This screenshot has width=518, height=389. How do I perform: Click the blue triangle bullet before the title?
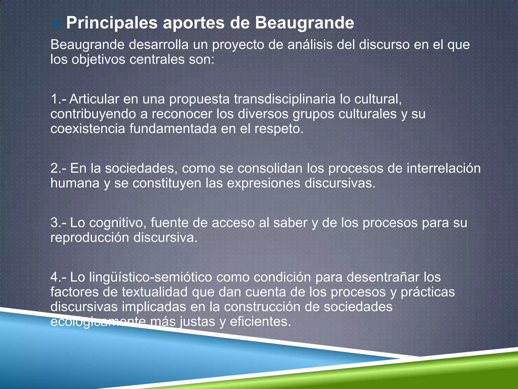(x=57, y=24)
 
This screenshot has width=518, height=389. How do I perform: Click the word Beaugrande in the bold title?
(x=304, y=23)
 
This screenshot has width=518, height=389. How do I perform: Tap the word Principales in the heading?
(x=112, y=23)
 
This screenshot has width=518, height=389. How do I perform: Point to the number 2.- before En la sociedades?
(x=59, y=168)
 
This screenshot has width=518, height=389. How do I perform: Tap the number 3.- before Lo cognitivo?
(x=59, y=223)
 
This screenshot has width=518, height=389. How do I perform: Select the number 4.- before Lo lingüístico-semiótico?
(x=59, y=277)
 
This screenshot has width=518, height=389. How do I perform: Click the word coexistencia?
(x=88, y=129)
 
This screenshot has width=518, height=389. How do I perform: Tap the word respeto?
(x=278, y=129)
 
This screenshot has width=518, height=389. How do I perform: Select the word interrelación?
(x=443, y=168)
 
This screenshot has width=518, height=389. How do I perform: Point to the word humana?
(x=75, y=183)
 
